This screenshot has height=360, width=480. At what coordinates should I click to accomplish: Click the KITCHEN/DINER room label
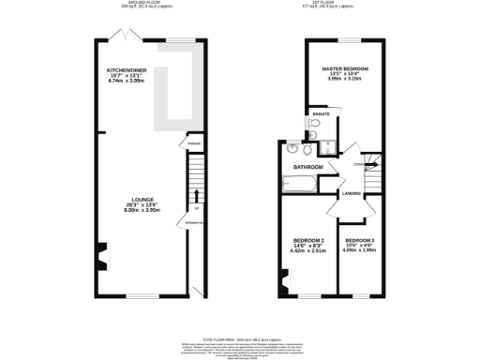point(127,71)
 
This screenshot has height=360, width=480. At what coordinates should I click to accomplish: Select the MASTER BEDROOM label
point(344,69)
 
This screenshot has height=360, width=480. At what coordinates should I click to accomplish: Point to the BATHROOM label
point(307,167)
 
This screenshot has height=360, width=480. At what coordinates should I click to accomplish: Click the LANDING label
point(352,194)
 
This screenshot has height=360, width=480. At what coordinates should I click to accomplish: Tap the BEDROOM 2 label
point(307,239)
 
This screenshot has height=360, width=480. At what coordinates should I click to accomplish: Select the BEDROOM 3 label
point(358,239)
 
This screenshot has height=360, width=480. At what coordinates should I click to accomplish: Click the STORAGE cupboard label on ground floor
point(194,143)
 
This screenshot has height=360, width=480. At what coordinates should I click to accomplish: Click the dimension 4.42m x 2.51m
point(307,251)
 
